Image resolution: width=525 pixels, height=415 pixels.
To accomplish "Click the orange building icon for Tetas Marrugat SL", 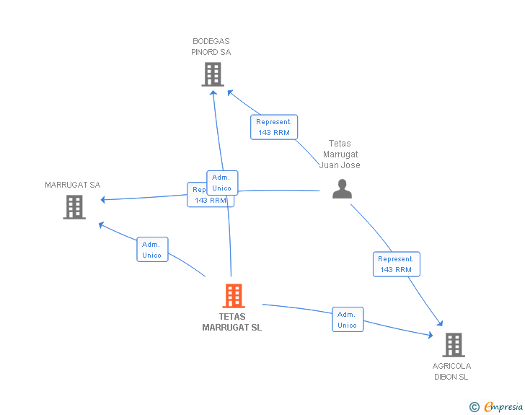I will (233, 296).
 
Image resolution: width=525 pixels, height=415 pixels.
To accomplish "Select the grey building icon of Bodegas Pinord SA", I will (212, 74).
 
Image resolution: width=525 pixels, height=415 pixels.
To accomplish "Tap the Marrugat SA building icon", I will (74, 207).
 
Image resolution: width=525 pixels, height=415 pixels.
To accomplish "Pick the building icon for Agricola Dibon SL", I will (453, 345).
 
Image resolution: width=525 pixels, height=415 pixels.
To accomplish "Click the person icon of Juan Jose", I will (342, 188).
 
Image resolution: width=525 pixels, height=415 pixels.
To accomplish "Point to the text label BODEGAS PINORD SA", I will (211, 47).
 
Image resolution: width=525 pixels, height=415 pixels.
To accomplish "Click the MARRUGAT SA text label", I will (73, 185).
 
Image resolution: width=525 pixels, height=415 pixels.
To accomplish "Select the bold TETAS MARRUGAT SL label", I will (232, 322).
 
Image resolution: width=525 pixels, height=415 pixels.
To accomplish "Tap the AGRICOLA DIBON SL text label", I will (452, 371).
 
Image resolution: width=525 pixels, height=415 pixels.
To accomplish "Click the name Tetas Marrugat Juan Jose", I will (340, 154).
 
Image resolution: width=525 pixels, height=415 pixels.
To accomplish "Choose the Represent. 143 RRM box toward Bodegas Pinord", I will (274, 127).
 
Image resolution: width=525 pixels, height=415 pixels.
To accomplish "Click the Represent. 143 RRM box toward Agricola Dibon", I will (396, 264).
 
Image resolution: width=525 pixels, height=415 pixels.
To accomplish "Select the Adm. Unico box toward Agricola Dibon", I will (347, 320).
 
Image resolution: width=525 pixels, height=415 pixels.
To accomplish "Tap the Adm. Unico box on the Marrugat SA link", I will (152, 250).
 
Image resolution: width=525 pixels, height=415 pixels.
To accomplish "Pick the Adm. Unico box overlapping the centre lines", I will (222, 183).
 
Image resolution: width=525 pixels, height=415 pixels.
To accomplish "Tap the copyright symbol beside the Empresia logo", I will (474, 407).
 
